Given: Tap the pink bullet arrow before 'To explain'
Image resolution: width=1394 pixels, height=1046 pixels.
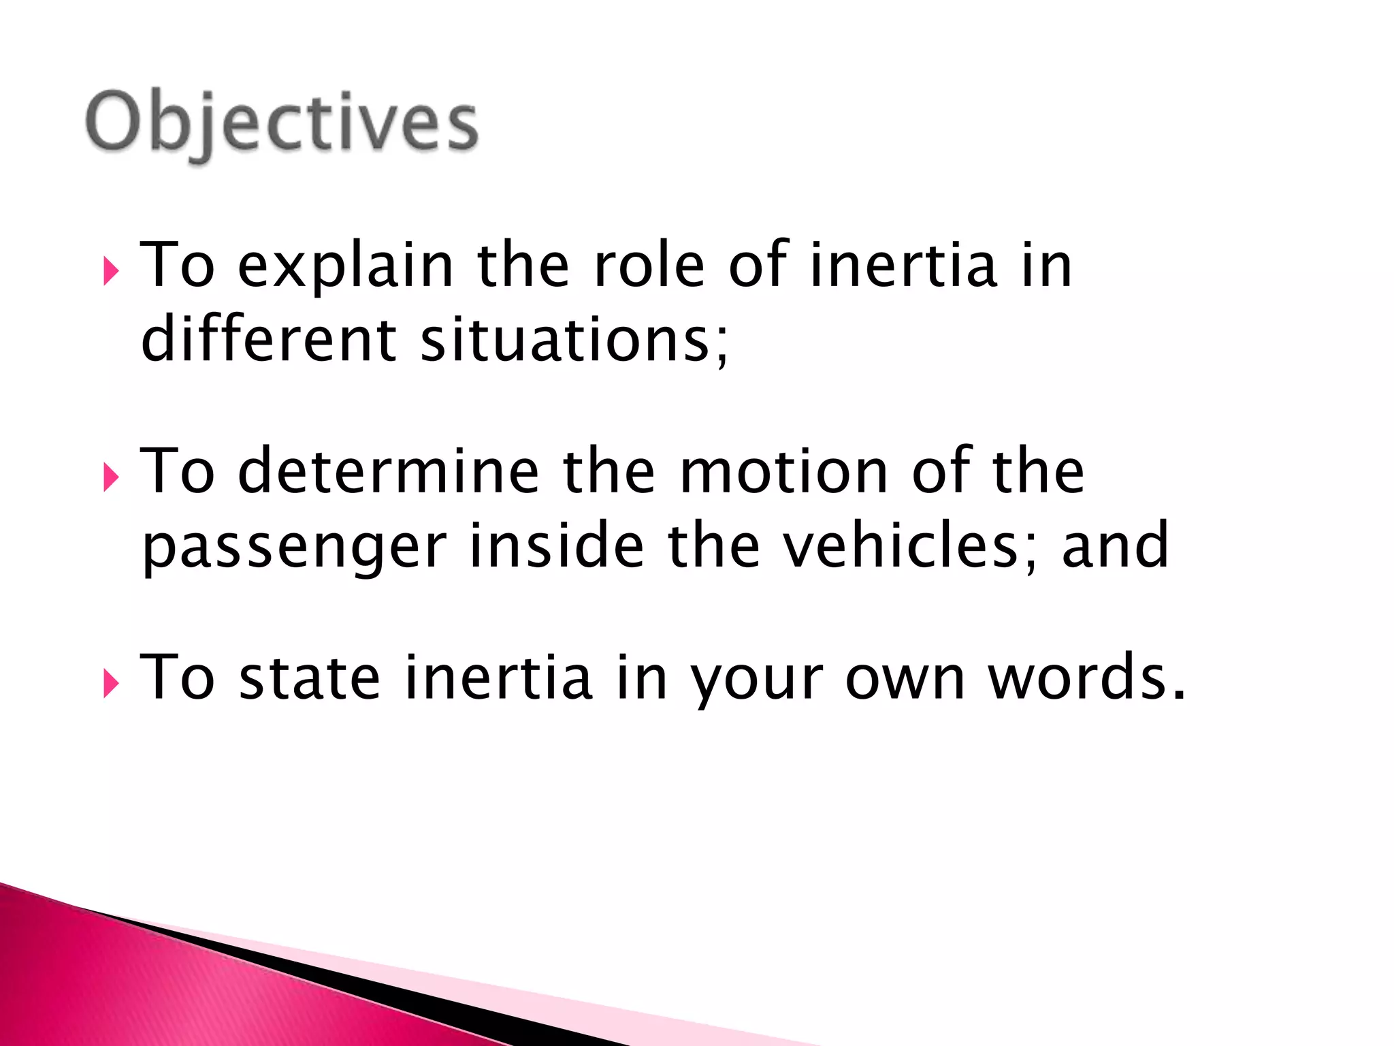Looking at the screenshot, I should pyautogui.click(x=111, y=272).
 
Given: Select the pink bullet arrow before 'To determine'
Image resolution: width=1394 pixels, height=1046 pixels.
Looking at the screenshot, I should pyautogui.click(x=111, y=477).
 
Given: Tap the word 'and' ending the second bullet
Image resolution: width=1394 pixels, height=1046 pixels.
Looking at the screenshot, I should pyautogui.click(x=1115, y=544).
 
